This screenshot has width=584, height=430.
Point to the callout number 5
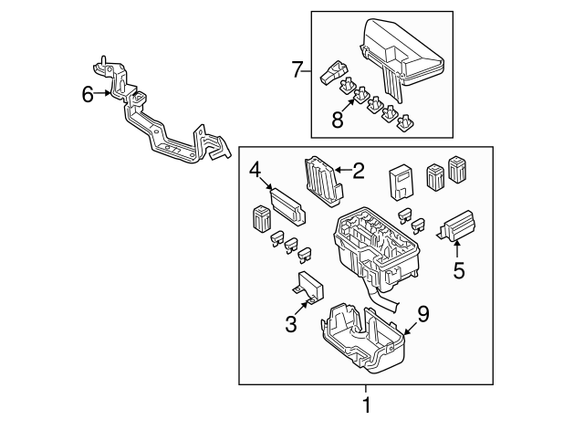click(x=458, y=270)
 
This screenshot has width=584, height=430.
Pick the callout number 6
click(x=88, y=92)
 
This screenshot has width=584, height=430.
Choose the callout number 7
click(x=295, y=68)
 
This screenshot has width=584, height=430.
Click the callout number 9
click(x=422, y=314)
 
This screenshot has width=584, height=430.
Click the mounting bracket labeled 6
click(x=164, y=128)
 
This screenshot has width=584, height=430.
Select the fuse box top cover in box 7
click(x=401, y=55)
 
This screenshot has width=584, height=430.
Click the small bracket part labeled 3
click(x=310, y=286)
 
